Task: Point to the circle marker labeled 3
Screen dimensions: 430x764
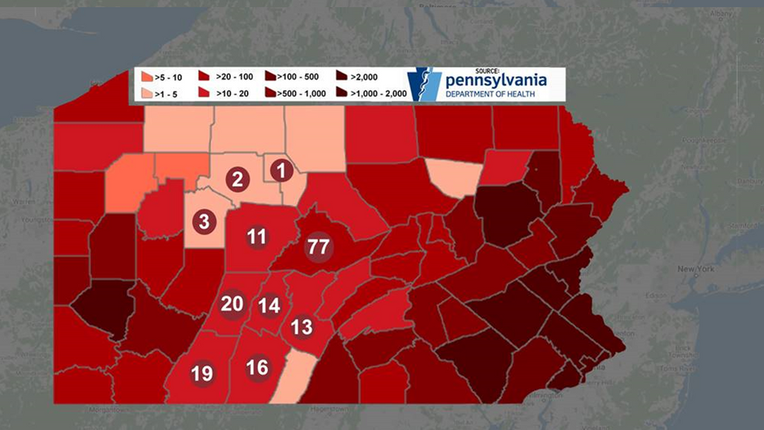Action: click(x=204, y=222)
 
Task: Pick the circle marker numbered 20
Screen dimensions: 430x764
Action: click(x=232, y=304)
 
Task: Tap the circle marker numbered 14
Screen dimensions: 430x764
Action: click(x=269, y=305)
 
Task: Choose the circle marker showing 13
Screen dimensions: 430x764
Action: click(x=301, y=327)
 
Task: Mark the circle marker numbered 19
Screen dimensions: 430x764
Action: click(x=201, y=373)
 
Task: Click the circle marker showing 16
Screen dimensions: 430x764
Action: click(x=257, y=367)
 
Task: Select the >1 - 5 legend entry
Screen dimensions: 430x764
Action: click(x=163, y=93)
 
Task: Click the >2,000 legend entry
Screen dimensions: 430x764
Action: click(x=360, y=77)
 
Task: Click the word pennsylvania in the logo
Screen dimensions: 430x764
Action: click(x=496, y=80)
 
